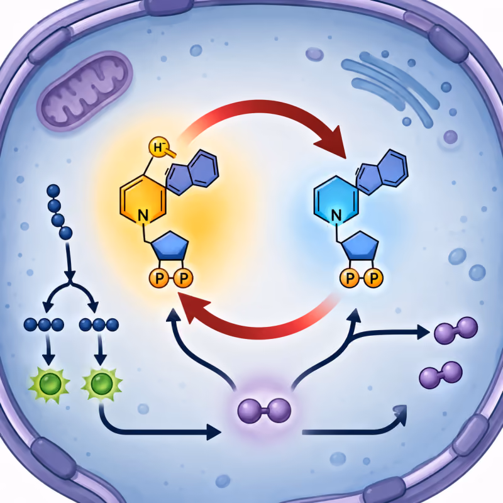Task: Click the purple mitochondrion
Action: [x=84, y=91]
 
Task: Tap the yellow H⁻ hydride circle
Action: [x=158, y=147]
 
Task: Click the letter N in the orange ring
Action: [x=143, y=216]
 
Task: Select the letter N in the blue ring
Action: [x=336, y=216]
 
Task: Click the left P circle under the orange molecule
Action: [x=159, y=278]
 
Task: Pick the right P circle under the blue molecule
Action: [x=373, y=278]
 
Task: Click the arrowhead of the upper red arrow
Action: [x=334, y=143]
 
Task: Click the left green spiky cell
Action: [x=50, y=384]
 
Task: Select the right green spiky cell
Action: [x=102, y=384]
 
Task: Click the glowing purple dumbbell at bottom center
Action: [x=264, y=411]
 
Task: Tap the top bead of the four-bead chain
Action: [x=53, y=191]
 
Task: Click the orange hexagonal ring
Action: [x=143, y=199]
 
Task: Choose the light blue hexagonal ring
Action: [x=336, y=199]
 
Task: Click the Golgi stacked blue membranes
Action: [x=390, y=87]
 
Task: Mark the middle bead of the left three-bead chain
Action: [x=44, y=324]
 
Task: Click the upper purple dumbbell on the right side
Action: [x=456, y=331]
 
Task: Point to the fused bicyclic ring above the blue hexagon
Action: [x=382, y=172]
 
